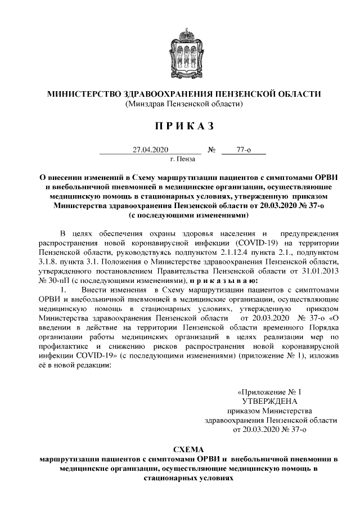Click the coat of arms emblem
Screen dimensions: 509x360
[180, 49]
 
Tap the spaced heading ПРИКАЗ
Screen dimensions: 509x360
[180, 126]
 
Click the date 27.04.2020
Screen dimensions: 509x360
[147, 150]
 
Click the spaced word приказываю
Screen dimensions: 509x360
[223, 281]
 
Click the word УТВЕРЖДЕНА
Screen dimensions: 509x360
[269, 401]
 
